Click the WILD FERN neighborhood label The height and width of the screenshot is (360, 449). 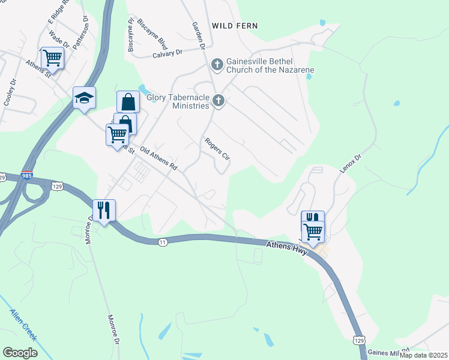pos(235,26)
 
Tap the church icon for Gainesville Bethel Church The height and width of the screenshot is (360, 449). pos(217,63)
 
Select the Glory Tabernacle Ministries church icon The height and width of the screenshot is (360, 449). pos(219,101)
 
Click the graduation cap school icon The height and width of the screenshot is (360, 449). pos(84,98)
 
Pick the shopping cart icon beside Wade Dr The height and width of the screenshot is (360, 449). pos(52,58)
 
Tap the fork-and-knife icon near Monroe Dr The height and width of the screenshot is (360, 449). pos(104,210)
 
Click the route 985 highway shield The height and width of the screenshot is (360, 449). pos(38,178)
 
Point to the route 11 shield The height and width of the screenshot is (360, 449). pos(163,241)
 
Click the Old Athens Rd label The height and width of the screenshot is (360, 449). pos(159,158)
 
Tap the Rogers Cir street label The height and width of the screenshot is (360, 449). pos(217,149)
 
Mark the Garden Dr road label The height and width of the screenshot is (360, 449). pos(199,35)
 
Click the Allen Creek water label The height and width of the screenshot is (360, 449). pos(23,325)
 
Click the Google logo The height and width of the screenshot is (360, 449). pos(20,353)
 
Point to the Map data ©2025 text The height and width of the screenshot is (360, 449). pos(423,355)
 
